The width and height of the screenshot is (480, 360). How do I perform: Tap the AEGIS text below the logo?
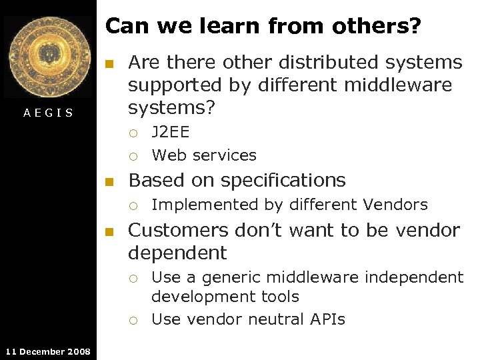[48, 113]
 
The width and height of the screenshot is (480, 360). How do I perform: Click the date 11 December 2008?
[48, 351]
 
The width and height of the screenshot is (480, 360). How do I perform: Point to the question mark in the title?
[415, 26]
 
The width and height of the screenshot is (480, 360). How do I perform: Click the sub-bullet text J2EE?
[171, 132]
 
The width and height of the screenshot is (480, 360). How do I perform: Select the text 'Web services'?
[204, 155]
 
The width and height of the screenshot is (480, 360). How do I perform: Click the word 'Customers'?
[178, 231]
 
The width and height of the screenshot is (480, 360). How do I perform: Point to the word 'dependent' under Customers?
[177, 253]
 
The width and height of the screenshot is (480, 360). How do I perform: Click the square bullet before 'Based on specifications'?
[111, 181]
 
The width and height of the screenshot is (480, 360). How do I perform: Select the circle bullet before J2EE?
[133, 133]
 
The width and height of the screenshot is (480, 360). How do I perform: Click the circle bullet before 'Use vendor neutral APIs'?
[133, 321]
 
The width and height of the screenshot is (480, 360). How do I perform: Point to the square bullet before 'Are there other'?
[111, 64]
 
